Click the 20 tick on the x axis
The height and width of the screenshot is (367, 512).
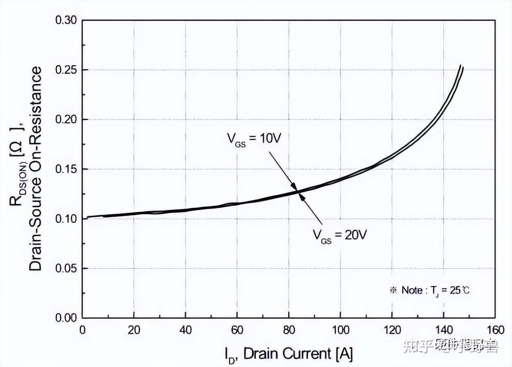pyautogui.click(x=134, y=330)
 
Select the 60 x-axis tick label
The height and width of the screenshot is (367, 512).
pyautogui.click(x=237, y=330)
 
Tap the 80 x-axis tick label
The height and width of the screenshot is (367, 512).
pyautogui.click(x=289, y=330)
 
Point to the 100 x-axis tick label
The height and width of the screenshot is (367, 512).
pyautogui.click(x=340, y=330)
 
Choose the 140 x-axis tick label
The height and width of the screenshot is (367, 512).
pyautogui.click(x=443, y=330)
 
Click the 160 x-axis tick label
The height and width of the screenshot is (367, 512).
pyautogui.click(x=494, y=330)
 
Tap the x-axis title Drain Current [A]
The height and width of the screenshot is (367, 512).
pyautogui.click(x=289, y=354)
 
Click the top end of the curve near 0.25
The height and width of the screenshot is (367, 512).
pyautogui.click(x=461, y=66)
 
